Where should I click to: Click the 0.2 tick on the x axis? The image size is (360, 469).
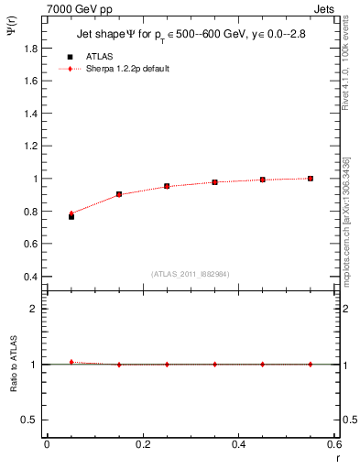point(143,444)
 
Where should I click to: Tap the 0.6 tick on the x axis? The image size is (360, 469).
point(334,444)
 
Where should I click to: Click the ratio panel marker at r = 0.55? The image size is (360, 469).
point(311,364)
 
